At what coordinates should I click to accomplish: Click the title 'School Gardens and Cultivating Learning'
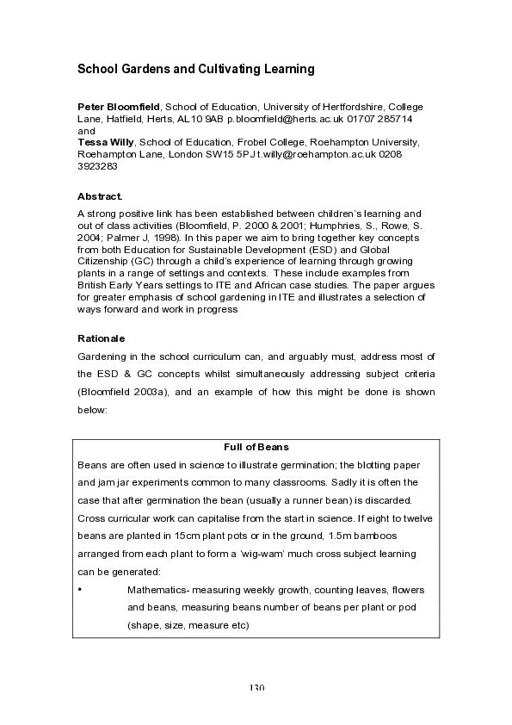click(x=196, y=68)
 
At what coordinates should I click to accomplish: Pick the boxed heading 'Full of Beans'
click(x=256, y=447)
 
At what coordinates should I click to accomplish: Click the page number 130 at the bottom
click(x=256, y=688)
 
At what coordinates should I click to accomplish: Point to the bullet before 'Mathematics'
click(x=79, y=590)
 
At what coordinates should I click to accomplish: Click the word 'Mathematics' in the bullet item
click(x=157, y=590)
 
